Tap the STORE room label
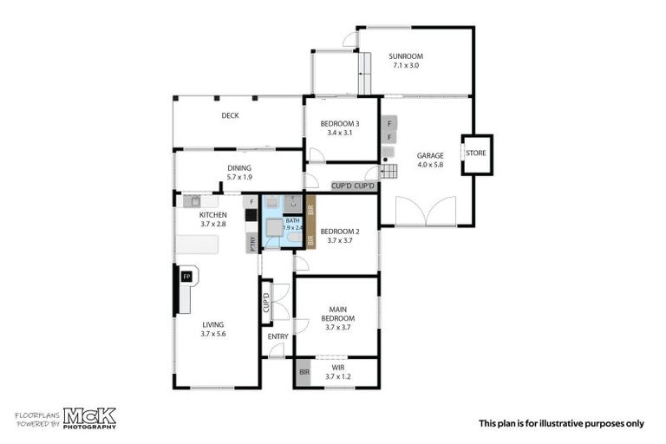click(476, 153)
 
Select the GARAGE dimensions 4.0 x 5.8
click(429, 164)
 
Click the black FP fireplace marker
click(186, 277)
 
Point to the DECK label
click(230, 115)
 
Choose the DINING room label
click(239, 168)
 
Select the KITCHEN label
click(213, 214)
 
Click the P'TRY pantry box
click(252, 244)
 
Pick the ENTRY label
click(277, 336)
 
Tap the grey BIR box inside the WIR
click(304, 372)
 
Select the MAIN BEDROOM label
click(337, 313)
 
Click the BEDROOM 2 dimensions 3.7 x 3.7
click(336, 241)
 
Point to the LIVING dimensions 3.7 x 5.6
click(213, 334)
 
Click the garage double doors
click(425, 212)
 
